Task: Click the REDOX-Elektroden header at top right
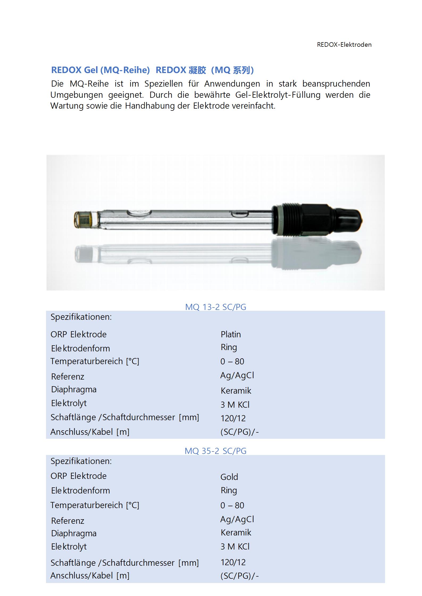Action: click(x=344, y=45)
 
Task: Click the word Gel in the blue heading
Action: click(x=91, y=70)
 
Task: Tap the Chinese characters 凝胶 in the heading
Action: click(x=197, y=70)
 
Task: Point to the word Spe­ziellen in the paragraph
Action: click(x=163, y=84)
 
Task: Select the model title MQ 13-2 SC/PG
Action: click(x=215, y=307)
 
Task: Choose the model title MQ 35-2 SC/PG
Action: click(x=215, y=451)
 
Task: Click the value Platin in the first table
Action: click(x=231, y=334)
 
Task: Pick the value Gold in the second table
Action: click(x=229, y=477)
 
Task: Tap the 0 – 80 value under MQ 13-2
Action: click(x=232, y=361)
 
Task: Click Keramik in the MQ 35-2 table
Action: click(x=236, y=532)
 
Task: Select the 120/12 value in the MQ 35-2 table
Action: click(x=233, y=562)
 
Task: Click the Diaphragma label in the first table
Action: click(x=74, y=389)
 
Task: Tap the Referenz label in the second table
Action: click(x=68, y=521)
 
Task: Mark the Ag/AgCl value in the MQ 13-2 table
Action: click(x=237, y=375)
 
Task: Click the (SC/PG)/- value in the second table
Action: click(x=239, y=576)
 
